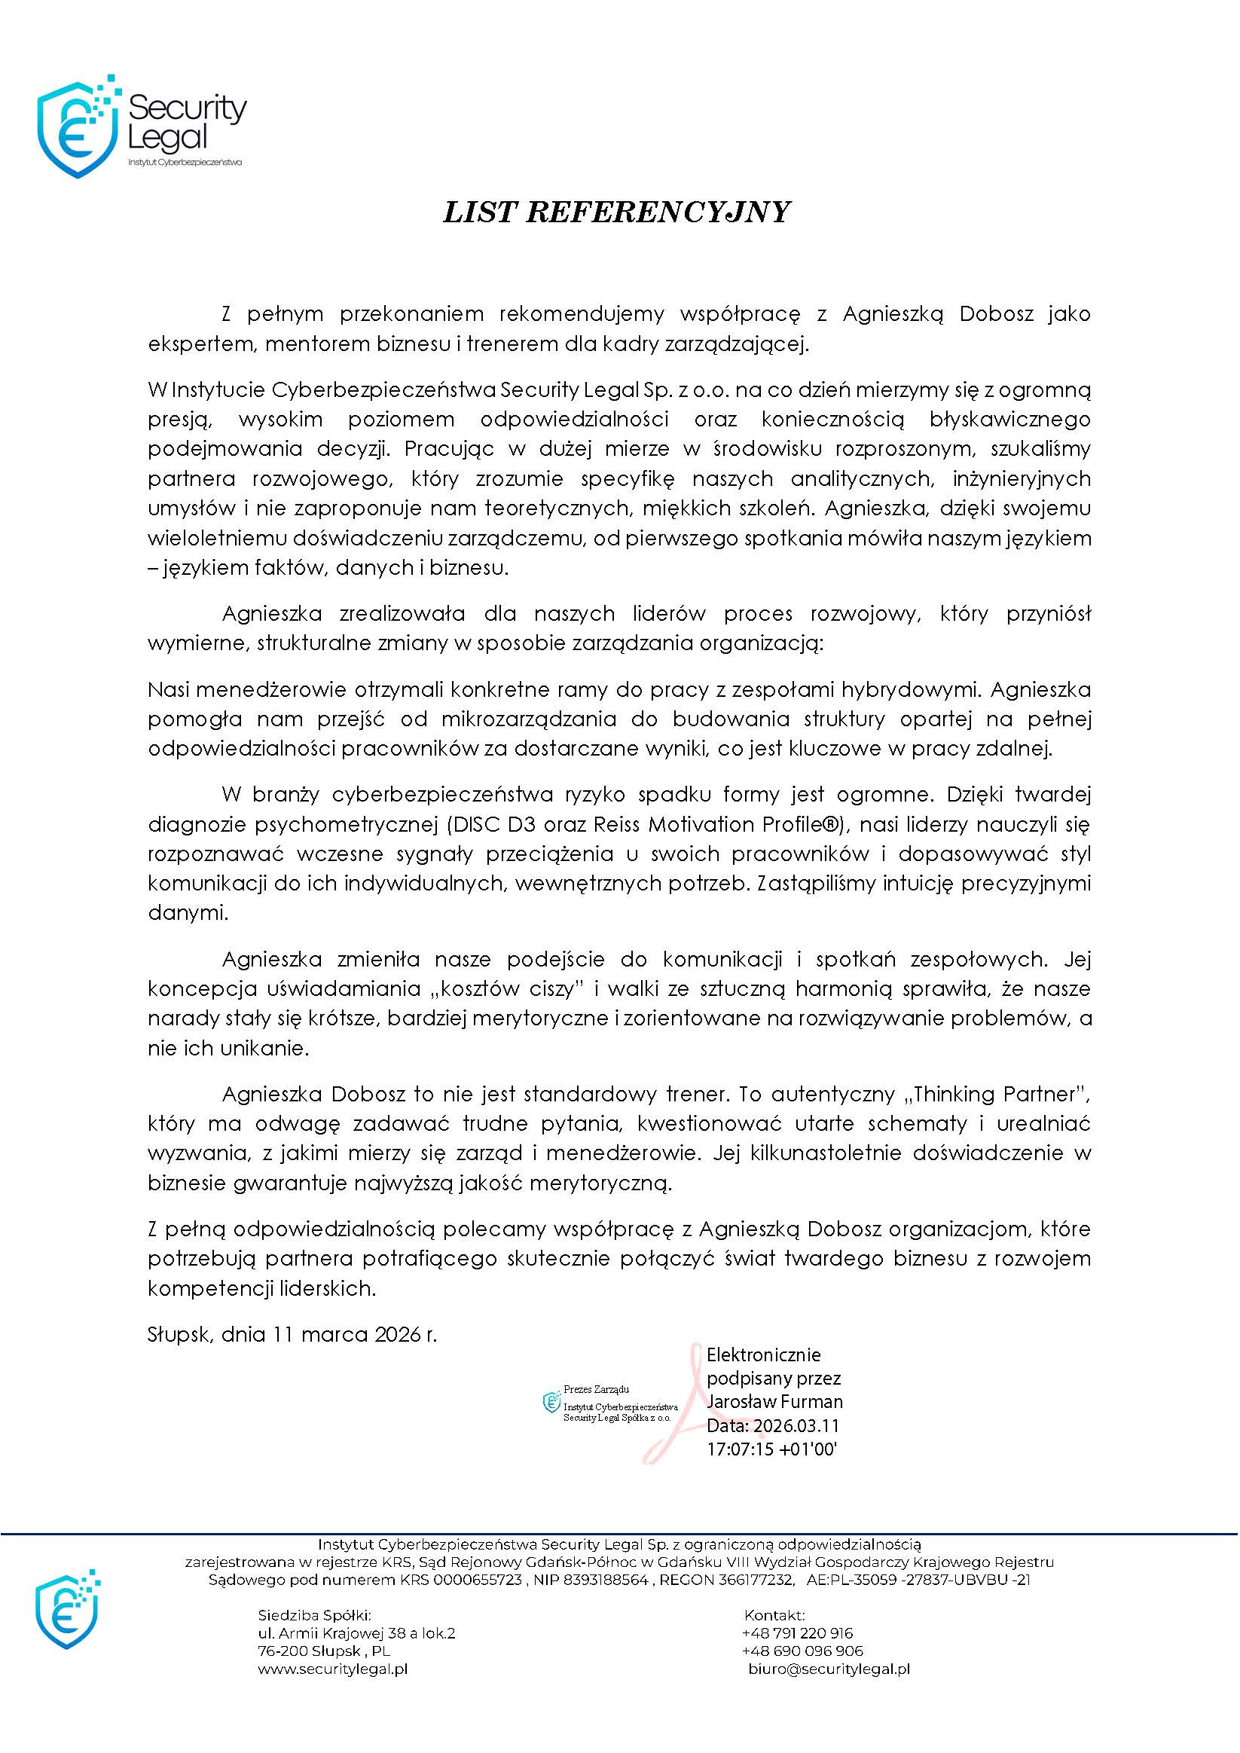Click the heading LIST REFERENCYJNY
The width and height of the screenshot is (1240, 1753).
pos(616,212)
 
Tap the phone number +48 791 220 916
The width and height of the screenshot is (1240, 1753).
pos(797,1634)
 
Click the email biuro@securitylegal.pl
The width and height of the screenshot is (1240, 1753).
pos(829,1669)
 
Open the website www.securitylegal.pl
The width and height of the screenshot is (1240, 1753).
pos(332,1669)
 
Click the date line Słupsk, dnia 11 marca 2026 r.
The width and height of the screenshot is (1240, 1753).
pos(292,1335)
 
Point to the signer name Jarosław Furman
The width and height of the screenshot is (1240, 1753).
pos(774,1402)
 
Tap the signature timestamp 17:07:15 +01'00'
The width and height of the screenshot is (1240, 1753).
pos(772,1449)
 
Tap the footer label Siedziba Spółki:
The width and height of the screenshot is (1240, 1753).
pos(315,1616)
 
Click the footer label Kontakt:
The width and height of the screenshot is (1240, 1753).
pos(774,1616)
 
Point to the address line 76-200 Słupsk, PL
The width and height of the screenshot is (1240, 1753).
pos(325,1651)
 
